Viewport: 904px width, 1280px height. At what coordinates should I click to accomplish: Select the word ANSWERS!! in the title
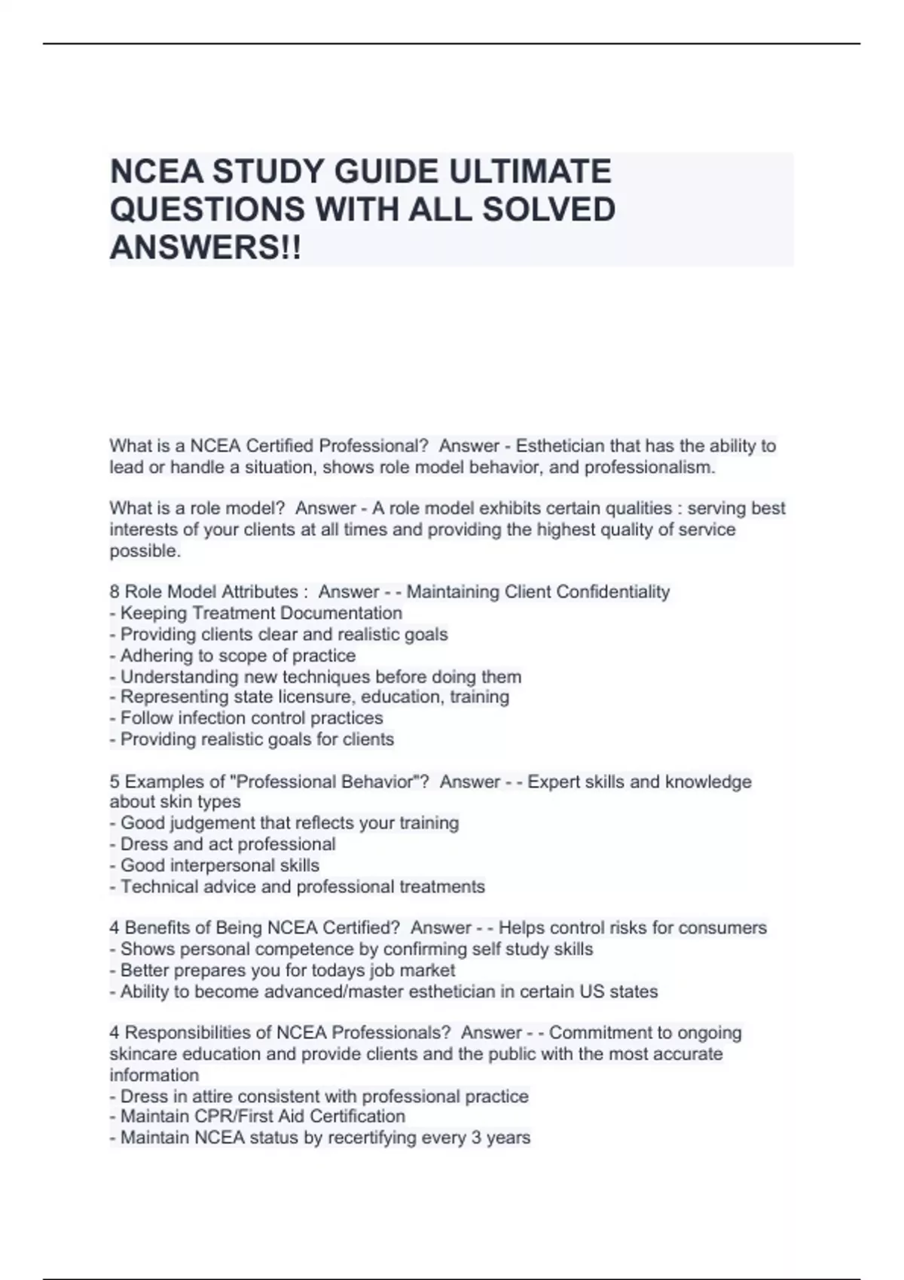click(205, 247)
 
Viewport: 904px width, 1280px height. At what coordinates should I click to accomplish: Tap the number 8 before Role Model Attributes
click(115, 592)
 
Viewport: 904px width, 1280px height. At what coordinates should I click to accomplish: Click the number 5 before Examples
click(115, 782)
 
